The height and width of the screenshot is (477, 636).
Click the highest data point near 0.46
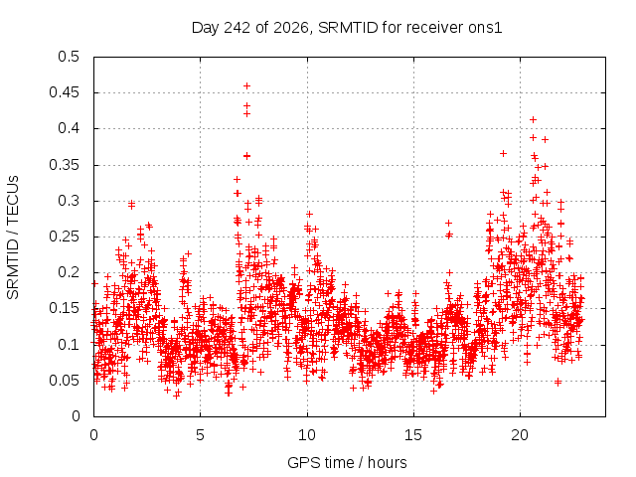(246, 86)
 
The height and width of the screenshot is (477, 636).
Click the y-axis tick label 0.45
(64, 92)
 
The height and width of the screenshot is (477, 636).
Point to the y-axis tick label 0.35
(64, 165)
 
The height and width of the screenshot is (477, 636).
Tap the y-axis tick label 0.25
(64, 237)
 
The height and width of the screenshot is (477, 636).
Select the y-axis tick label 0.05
(64, 381)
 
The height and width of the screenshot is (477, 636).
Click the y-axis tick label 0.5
(69, 57)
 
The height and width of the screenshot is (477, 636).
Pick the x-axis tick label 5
(200, 435)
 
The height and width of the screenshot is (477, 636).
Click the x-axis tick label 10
(307, 435)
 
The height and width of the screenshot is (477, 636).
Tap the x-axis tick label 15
(413, 435)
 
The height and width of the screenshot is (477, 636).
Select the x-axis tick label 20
(520, 435)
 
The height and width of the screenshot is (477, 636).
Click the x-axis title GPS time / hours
(347, 463)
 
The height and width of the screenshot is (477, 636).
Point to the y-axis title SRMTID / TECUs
(13, 238)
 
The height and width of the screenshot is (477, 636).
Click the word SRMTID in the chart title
(348, 28)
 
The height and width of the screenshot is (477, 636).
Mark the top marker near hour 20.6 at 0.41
(534, 119)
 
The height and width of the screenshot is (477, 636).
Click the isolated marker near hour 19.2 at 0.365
(504, 153)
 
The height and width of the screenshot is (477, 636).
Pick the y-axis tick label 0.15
(64, 308)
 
